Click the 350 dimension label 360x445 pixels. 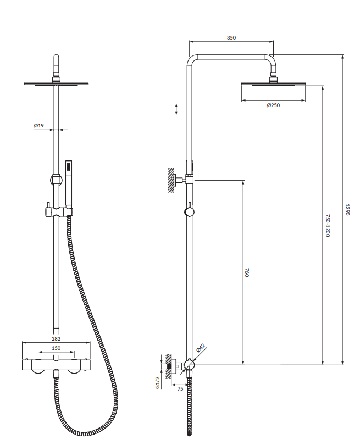pos(231,38)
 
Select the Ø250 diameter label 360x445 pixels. pos(273,105)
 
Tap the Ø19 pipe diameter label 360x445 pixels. pos(38,126)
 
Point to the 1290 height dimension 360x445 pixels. pos(347,210)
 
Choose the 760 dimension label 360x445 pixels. pos(247,272)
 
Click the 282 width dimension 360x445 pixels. pos(56,339)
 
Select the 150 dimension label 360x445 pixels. pos(56,348)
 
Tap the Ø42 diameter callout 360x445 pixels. pos(201,348)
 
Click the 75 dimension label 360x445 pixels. pos(180,388)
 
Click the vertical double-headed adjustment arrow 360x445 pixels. pos(176,108)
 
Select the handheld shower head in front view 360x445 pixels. pos(69,184)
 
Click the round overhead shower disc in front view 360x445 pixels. pos(56,84)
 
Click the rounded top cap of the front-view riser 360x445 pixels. pos(56,59)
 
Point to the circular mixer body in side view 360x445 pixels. pos(189,365)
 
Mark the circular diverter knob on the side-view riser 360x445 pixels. pos(189,213)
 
